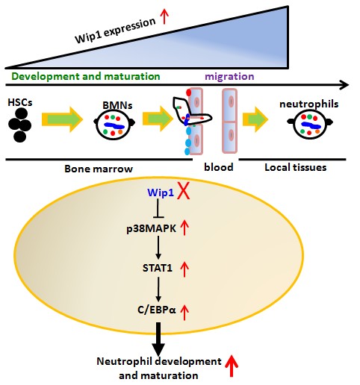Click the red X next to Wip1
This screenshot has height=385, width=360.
pos(183,190)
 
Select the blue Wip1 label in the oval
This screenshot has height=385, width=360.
pos(161,192)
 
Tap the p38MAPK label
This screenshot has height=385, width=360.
pos(151,228)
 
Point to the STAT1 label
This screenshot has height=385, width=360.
pos(158,268)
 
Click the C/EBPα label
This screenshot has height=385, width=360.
pos(157,310)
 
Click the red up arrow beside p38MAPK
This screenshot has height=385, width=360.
pos(184,227)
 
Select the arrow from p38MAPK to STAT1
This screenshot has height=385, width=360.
pos(158,247)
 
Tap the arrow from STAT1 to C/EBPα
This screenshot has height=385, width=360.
pos(158,289)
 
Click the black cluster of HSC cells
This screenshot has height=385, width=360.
pos(19,125)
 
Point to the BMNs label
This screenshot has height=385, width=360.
pos(117,105)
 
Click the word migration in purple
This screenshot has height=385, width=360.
pos(229,76)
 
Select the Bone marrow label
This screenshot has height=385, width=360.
pos(99,169)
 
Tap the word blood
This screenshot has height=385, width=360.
pos(219,167)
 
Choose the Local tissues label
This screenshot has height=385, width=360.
pos(296,167)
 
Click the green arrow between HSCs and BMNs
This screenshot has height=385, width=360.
pos(62,119)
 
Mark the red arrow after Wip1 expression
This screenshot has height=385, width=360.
pos(164,16)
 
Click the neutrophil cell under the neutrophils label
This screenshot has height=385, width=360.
pos(310,124)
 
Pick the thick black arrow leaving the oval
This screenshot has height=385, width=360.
pos(158,339)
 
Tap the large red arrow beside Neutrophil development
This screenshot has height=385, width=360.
pos(232,366)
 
